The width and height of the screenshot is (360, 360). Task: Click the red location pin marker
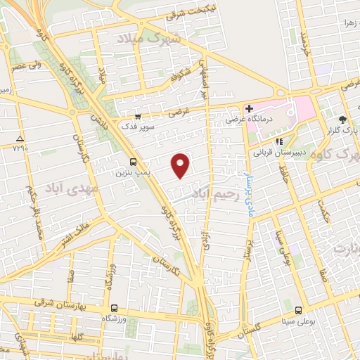181,165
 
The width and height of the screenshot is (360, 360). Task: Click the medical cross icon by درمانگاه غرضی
249,108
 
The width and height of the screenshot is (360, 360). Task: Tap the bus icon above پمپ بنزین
123,161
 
